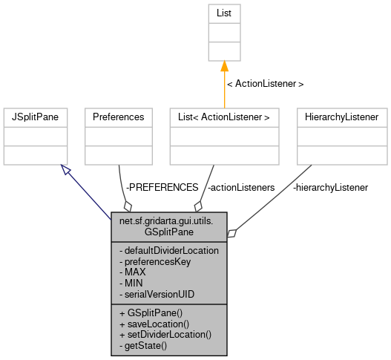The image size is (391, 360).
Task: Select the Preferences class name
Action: [118, 117]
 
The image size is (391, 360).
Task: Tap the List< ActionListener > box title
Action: [223, 117]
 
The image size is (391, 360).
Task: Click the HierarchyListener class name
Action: [341, 117]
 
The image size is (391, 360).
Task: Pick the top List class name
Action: [224, 13]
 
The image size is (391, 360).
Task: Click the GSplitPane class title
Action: [169, 226]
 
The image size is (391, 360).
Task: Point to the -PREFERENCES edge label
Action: [161, 188]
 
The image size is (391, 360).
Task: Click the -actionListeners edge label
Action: [241, 188]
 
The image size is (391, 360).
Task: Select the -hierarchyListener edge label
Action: [330, 188]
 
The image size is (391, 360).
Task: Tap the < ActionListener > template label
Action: [264, 83]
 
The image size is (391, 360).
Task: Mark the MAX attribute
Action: [131, 272]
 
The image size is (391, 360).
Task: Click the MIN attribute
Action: [130, 282]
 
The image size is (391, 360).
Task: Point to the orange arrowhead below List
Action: [224, 67]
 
